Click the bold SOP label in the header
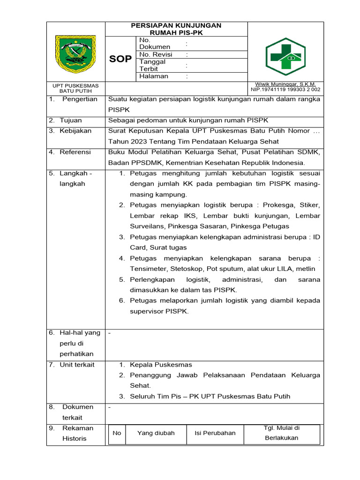[x=120, y=59]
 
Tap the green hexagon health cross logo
[x=285, y=56]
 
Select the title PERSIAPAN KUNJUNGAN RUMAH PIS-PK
[x=176, y=29]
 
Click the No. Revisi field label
[x=157, y=54]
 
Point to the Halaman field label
[x=153, y=76]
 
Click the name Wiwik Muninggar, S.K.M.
[x=285, y=84]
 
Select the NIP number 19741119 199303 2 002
[x=285, y=89]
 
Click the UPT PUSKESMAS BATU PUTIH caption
[x=75, y=88]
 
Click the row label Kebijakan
[x=75, y=131]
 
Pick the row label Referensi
[x=75, y=152]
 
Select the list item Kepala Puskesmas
[x=161, y=364]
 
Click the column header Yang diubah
[x=156, y=433]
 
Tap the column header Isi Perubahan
[x=215, y=433]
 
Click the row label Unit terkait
[x=77, y=364]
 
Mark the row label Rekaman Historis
[x=76, y=433]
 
